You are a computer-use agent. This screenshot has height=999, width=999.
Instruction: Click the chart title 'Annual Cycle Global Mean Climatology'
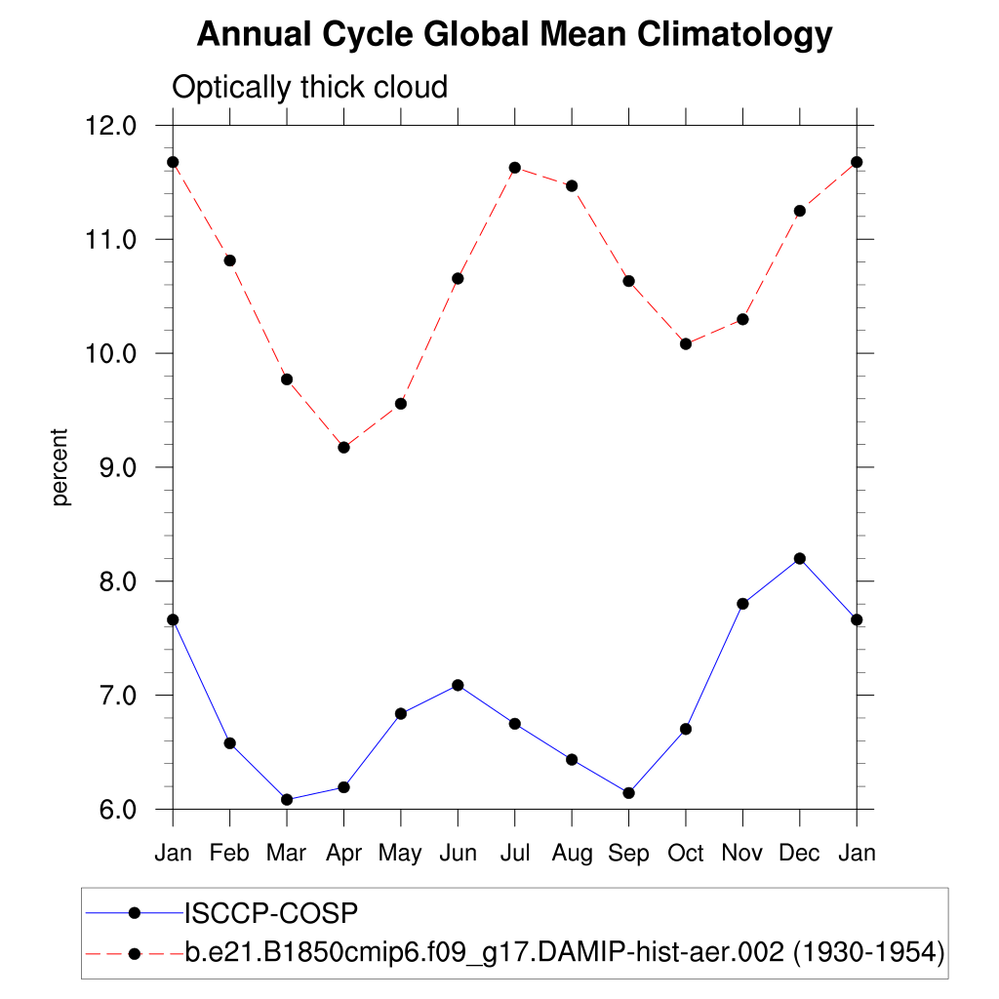pyautogui.click(x=514, y=35)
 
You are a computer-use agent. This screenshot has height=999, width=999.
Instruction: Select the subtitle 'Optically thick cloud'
pyautogui.click(x=309, y=88)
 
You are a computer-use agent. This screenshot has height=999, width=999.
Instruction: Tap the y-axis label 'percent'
pyautogui.click(x=61, y=466)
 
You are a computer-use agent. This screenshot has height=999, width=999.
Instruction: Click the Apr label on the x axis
pyautogui.click(x=343, y=854)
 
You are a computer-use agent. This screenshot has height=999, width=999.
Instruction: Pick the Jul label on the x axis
pyautogui.click(x=514, y=854)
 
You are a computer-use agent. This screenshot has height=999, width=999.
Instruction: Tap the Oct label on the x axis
pyautogui.click(x=685, y=854)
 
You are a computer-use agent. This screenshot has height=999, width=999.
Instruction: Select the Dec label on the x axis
pyautogui.click(x=799, y=854)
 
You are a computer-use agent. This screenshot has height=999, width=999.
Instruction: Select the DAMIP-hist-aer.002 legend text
pyautogui.click(x=564, y=952)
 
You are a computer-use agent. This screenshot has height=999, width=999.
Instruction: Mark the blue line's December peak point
pyautogui.click(x=800, y=558)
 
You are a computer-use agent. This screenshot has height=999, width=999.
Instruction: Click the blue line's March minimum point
pyautogui.click(x=287, y=800)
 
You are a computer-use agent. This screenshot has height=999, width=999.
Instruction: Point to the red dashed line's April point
pyautogui.click(x=343, y=447)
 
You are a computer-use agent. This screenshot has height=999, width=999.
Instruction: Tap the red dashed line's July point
pyautogui.click(x=514, y=168)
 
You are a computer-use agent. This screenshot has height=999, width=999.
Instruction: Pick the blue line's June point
pyautogui.click(x=458, y=685)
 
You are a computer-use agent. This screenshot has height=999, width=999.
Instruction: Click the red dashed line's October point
pyautogui.click(x=686, y=343)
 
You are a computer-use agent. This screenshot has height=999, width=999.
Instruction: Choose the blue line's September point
pyautogui.click(x=628, y=793)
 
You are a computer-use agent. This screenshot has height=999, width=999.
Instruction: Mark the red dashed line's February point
pyautogui.click(x=229, y=260)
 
